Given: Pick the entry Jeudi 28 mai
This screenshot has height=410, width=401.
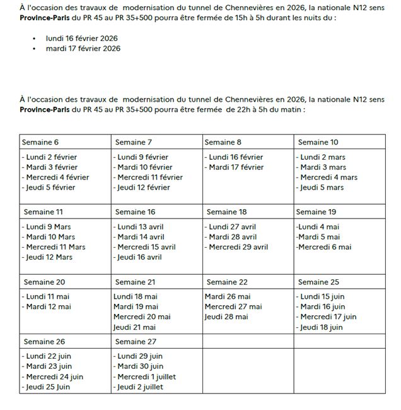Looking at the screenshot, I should [226, 317].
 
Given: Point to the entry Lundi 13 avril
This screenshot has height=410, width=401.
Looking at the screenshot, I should [140, 226].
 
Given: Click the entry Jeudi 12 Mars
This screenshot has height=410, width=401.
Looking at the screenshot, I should [49, 257].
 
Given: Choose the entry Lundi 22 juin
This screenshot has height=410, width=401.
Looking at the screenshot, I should [48, 356].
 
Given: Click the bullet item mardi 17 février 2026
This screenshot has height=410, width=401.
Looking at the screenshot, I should [83, 48].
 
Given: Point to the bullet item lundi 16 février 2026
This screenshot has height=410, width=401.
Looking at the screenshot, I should [82, 38].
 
